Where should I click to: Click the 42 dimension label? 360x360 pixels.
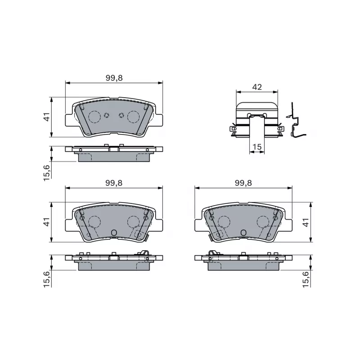[257, 87]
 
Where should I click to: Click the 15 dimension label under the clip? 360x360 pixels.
[257, 147]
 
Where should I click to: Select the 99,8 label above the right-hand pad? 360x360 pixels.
[243, 183]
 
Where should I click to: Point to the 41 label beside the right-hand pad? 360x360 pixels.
[306, 222]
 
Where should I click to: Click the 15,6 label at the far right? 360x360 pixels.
[306, 279]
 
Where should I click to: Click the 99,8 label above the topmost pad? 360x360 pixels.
[114, 78]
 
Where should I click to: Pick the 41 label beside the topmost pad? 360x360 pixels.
[47, 117]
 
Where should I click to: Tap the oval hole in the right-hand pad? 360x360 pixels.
[243, 233]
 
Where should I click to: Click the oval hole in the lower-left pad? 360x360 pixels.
[114, 233]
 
